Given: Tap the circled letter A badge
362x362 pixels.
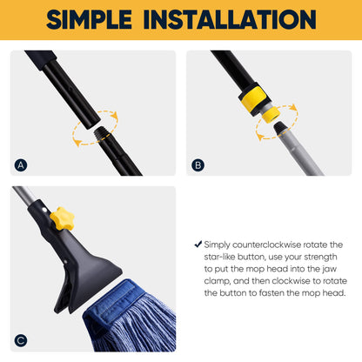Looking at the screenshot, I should click(x=21, y=164).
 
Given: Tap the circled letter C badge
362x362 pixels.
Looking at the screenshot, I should click(x=21, y=341).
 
